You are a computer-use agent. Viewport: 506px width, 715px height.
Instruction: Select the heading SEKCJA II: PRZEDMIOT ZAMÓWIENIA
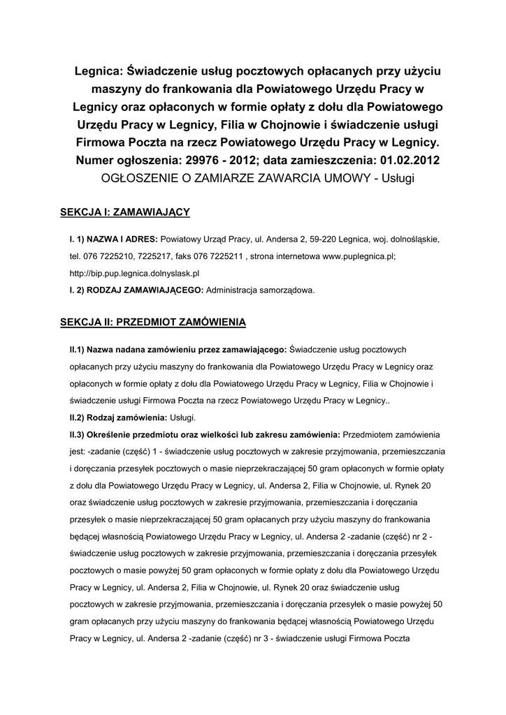coord(153,322)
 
